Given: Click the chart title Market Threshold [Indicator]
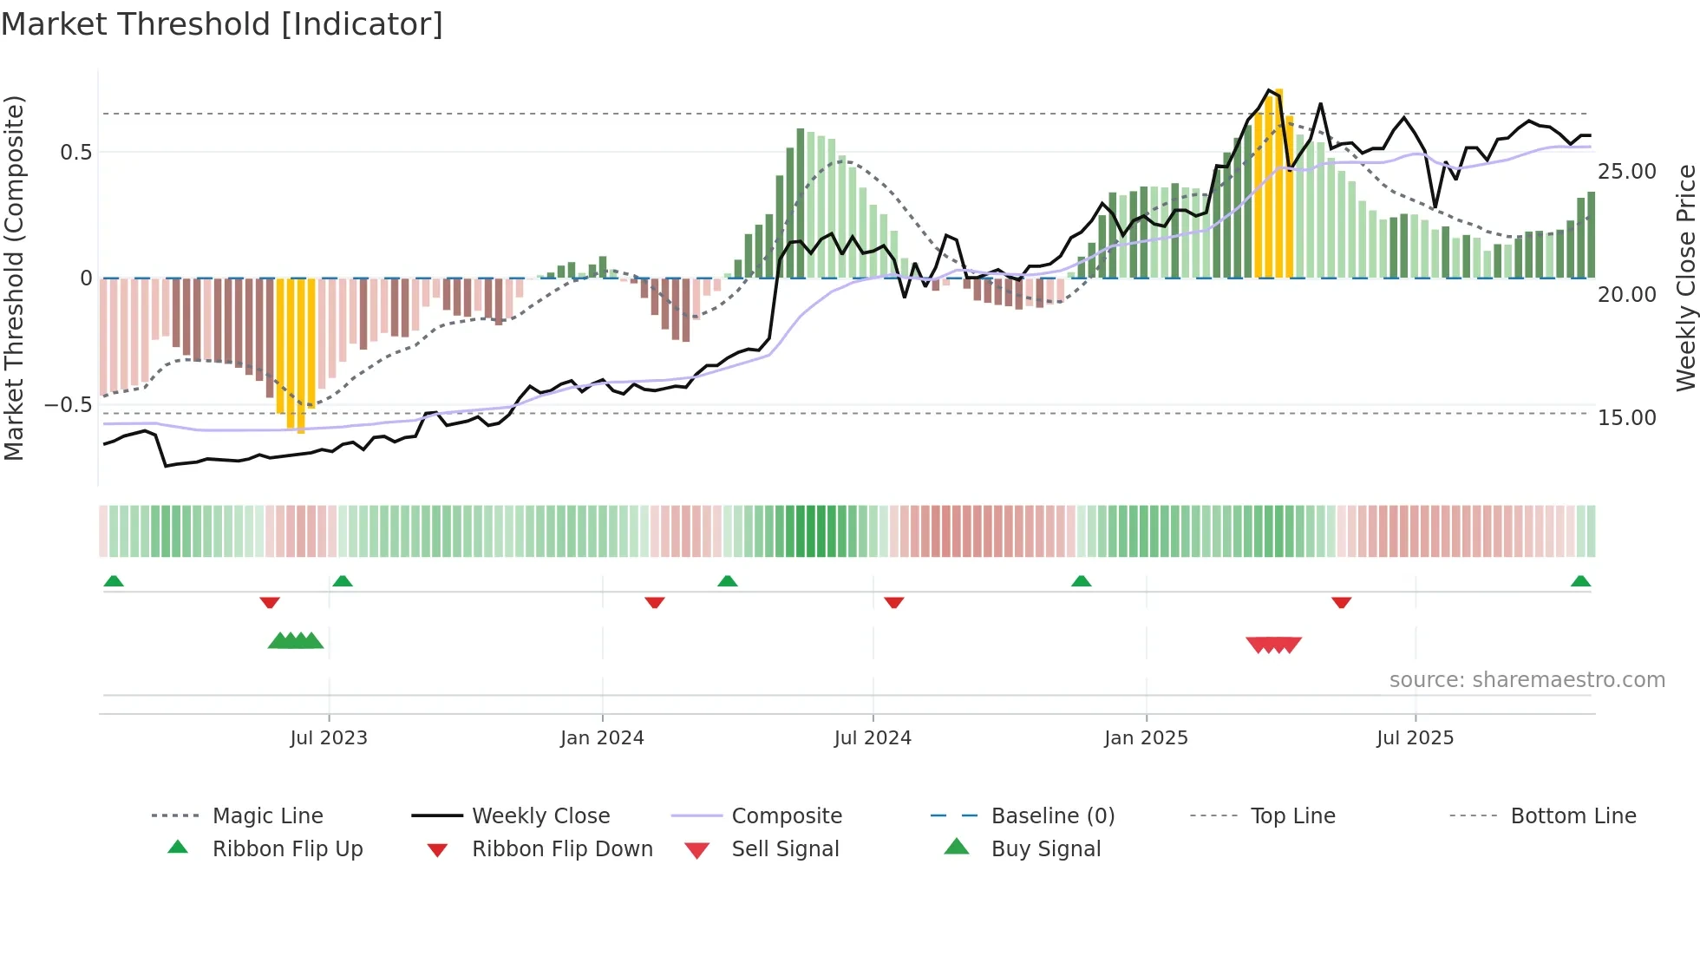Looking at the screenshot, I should (x=222, y=24).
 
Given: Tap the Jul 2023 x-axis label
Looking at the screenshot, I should (x=329, y=738).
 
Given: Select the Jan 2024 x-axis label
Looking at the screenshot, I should (x=602, y=738).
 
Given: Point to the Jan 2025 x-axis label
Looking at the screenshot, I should (x=1146, y=738).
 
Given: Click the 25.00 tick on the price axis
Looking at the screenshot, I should (x=1626, y=172).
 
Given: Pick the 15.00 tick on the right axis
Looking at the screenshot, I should (x=1626, y=418).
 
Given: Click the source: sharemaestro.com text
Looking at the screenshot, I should (x=1527, y=680).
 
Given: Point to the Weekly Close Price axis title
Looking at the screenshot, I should (x=1685, y=278).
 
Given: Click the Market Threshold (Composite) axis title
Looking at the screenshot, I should (x=14, y=278).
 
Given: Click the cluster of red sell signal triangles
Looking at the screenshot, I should (x=1273, y=645).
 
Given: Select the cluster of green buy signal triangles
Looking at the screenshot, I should (x=296, y=641).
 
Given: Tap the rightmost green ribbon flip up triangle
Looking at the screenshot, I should (x=1580, y=581).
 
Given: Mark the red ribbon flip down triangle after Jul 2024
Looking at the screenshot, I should (x=893, y=602).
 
